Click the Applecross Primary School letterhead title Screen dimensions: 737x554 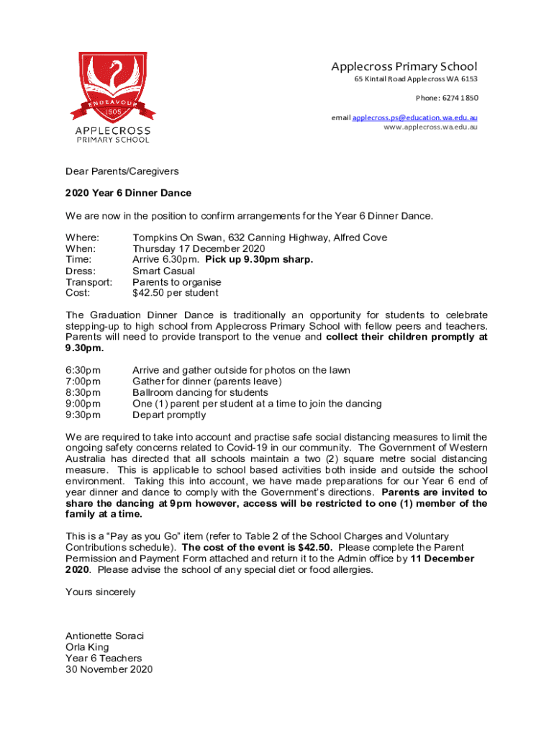coord(404,66)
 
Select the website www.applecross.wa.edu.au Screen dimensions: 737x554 coord(430,127)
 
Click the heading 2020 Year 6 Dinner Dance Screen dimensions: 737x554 coord(128,193)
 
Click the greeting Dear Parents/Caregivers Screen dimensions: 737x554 coord(122,171)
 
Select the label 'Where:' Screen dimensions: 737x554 coord(82,238)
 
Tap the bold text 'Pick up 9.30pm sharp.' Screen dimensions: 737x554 coord(259,259)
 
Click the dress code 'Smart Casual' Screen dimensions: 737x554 coord(163,271)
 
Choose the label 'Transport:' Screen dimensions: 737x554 coord(88,282)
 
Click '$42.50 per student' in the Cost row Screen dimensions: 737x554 coord(175,293)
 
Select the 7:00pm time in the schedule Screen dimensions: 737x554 coord(83,381)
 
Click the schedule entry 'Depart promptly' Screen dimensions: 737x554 coord(168,415)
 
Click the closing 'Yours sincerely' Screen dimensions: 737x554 coord(100,592)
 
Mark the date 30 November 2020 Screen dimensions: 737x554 coord(109,669)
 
